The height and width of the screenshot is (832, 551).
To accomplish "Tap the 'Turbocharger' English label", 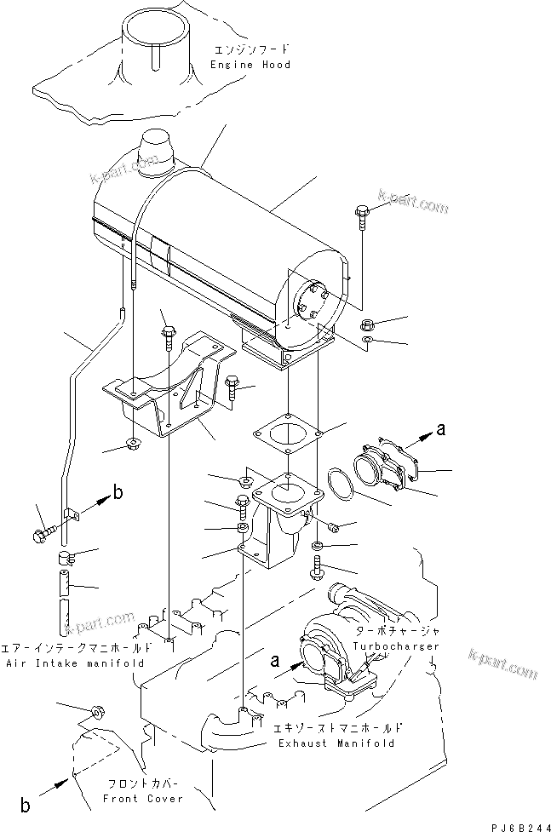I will tap(398, 646).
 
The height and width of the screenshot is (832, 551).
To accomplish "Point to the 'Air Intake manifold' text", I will tap(74, 663).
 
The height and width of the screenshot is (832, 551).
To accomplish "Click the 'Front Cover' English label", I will tap(142, 799).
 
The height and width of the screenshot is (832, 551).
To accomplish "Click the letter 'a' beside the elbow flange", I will tap(440, 430).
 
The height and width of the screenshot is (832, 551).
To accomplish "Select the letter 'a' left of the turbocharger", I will tap(274, 658).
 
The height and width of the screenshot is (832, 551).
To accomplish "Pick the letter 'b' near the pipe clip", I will tap(118, 493).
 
